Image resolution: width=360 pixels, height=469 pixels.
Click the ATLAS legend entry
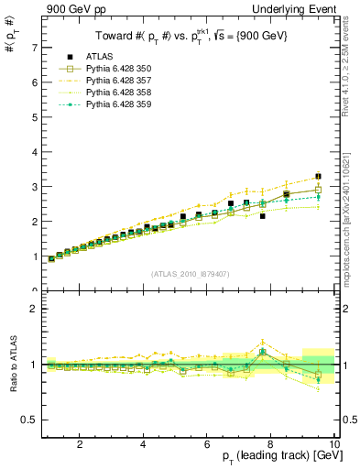[101, 58]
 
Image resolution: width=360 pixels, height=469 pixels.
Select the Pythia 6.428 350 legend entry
[120, 70]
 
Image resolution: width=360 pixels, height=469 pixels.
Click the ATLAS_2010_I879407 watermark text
[190, 273]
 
